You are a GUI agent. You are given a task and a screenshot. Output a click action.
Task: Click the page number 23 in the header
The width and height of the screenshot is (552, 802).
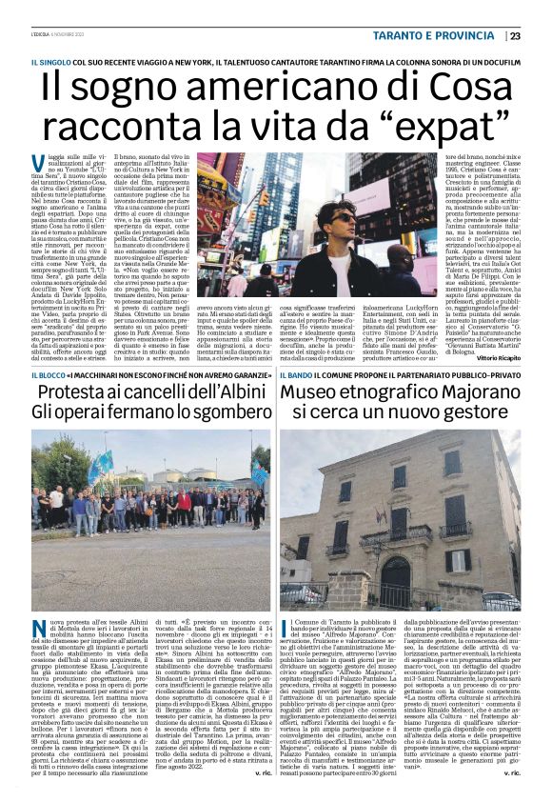point(515,36)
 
